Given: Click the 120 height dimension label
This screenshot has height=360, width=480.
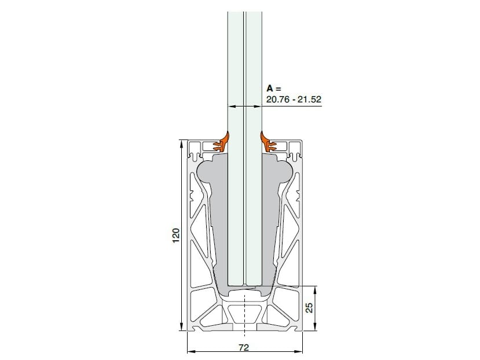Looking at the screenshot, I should click(176, 235).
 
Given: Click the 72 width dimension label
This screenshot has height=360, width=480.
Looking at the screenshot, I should click(244, 348).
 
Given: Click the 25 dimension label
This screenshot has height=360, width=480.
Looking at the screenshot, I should click(309, 308).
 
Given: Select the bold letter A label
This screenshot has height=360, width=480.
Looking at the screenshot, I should click(269, 89).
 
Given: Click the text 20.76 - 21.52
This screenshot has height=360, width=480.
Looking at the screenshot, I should click(293, 99).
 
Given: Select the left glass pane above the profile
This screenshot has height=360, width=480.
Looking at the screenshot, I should click(236, 69).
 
